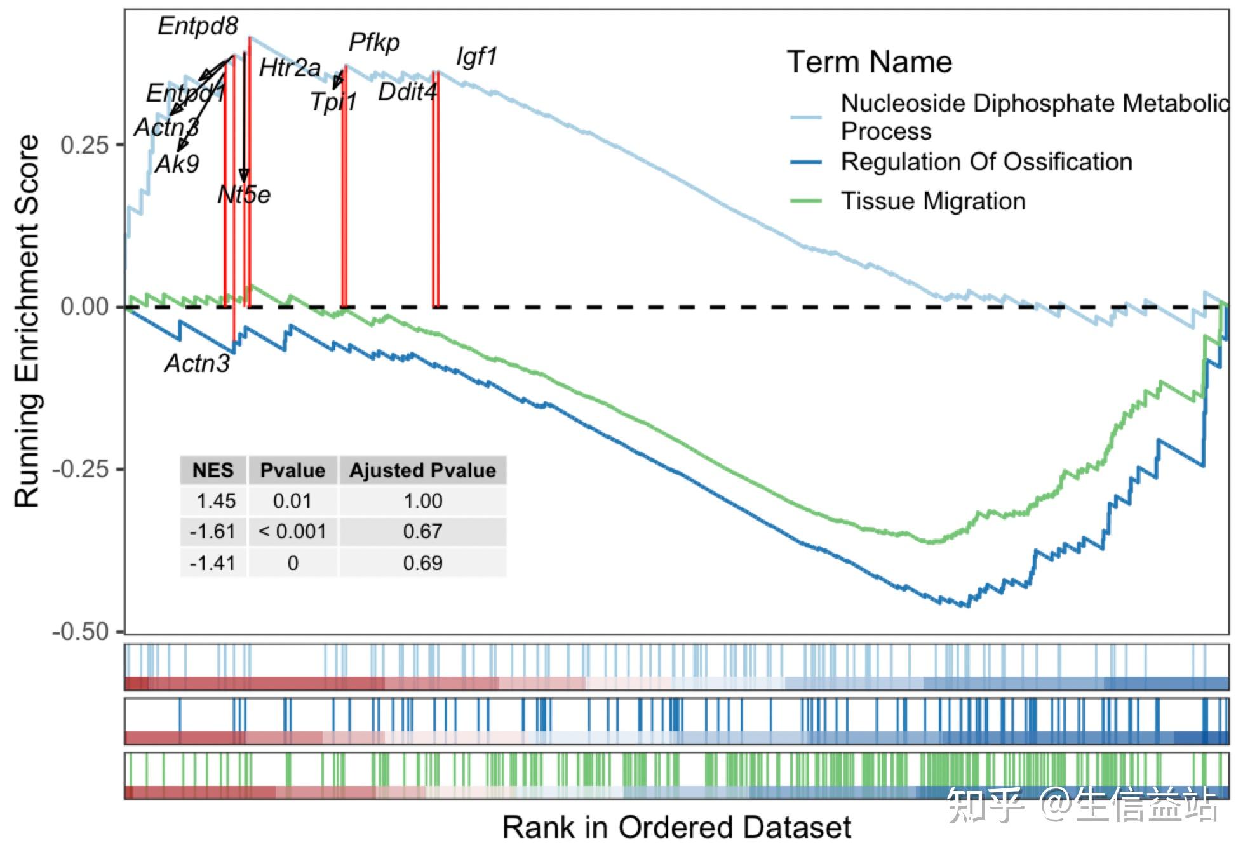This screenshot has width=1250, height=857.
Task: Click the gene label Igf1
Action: (x=476, y=57)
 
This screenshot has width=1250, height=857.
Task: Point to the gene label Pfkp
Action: (x=374, y=43)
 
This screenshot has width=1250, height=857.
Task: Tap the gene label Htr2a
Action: (x=290, y=68)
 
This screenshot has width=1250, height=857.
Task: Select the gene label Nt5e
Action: (x=244, y=194)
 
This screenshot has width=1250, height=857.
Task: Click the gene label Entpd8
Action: (x=198, y=26)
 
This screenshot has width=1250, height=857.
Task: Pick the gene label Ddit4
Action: (x=407, y=92)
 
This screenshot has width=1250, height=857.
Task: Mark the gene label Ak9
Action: (x=177, y=164)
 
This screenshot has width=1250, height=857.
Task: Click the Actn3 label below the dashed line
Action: (x=197, y=363)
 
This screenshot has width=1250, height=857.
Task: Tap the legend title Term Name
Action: (x=870, y=62)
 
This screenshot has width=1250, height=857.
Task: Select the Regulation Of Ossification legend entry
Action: (x=986, y=162)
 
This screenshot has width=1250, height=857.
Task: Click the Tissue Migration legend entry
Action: (x=933, y=201)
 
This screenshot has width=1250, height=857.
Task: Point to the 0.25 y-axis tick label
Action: (x=84, y=145)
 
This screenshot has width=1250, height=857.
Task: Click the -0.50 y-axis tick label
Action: (x=80, y=632)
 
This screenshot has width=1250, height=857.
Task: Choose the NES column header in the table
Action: (x=213, y=470)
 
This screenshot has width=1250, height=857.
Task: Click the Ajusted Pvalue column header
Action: (x=422, y=470)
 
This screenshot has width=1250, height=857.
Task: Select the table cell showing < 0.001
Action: (x=292, y=531)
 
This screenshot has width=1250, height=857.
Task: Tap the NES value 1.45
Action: (x=216, y=501)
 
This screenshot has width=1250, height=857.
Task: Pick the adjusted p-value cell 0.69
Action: (x=422, y=563)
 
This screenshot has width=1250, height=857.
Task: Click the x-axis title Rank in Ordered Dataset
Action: (x=676, y=827)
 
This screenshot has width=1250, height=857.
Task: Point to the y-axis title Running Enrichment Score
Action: (x=27, y=321)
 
